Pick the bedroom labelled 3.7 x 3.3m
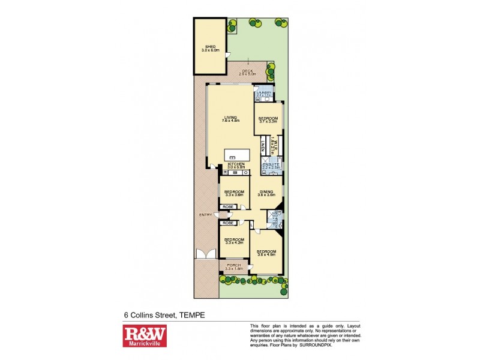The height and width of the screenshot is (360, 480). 268,120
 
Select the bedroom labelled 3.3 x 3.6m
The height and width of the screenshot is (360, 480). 235,192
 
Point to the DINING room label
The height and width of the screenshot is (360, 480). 266,192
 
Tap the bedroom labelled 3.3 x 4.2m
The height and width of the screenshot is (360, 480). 234,241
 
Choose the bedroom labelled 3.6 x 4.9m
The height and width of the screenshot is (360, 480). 266,252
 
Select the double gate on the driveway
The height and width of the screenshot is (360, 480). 206,254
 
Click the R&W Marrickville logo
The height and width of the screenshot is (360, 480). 145,335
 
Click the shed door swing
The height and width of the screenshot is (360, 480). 228,56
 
